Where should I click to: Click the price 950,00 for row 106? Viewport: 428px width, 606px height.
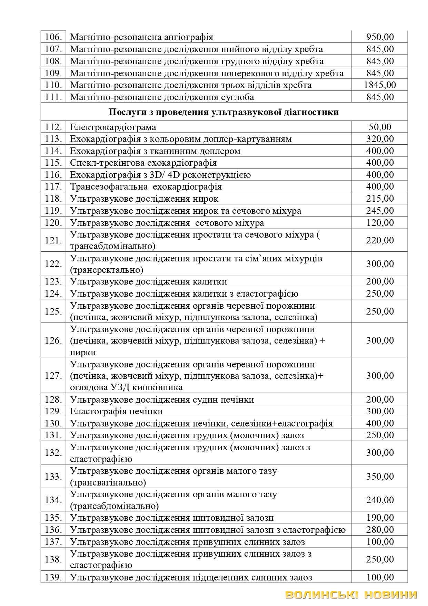[x=380, y=37]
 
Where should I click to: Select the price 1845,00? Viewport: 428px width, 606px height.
[x=380, y=85]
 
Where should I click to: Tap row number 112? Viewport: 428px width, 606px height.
[x=53, y=127]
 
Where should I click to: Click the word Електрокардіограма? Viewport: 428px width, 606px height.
[x=113, y=127]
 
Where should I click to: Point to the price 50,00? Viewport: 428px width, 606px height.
[x=380, y=127]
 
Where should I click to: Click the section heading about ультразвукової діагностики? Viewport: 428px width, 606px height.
[x=224, y=112]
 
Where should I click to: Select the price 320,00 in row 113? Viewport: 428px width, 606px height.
[x=380, y=139]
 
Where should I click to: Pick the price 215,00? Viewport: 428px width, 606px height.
[x=380, y=199]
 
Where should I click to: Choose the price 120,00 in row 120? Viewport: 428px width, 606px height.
[x=380, y=222]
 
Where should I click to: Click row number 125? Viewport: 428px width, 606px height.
[x=53, y=311]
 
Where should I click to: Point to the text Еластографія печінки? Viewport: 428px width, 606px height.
[x=116, y=411]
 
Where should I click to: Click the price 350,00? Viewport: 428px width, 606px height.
[x=380, y=477]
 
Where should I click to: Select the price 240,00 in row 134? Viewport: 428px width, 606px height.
[x=380, y=500]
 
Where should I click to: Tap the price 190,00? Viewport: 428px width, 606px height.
[x=380, y=518]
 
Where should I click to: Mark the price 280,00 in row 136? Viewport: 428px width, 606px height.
[x=380, y=530]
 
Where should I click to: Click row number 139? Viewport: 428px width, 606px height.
[x=53, y=577]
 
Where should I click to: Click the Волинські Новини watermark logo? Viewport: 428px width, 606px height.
[x=351, y=595]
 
